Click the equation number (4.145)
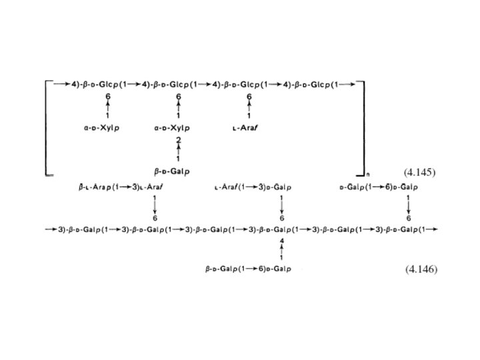[420, 172]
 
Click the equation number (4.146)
[421, 269]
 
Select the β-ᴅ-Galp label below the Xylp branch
[177, 171]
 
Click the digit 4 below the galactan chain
[282, 240]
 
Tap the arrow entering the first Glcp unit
[61, 83]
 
